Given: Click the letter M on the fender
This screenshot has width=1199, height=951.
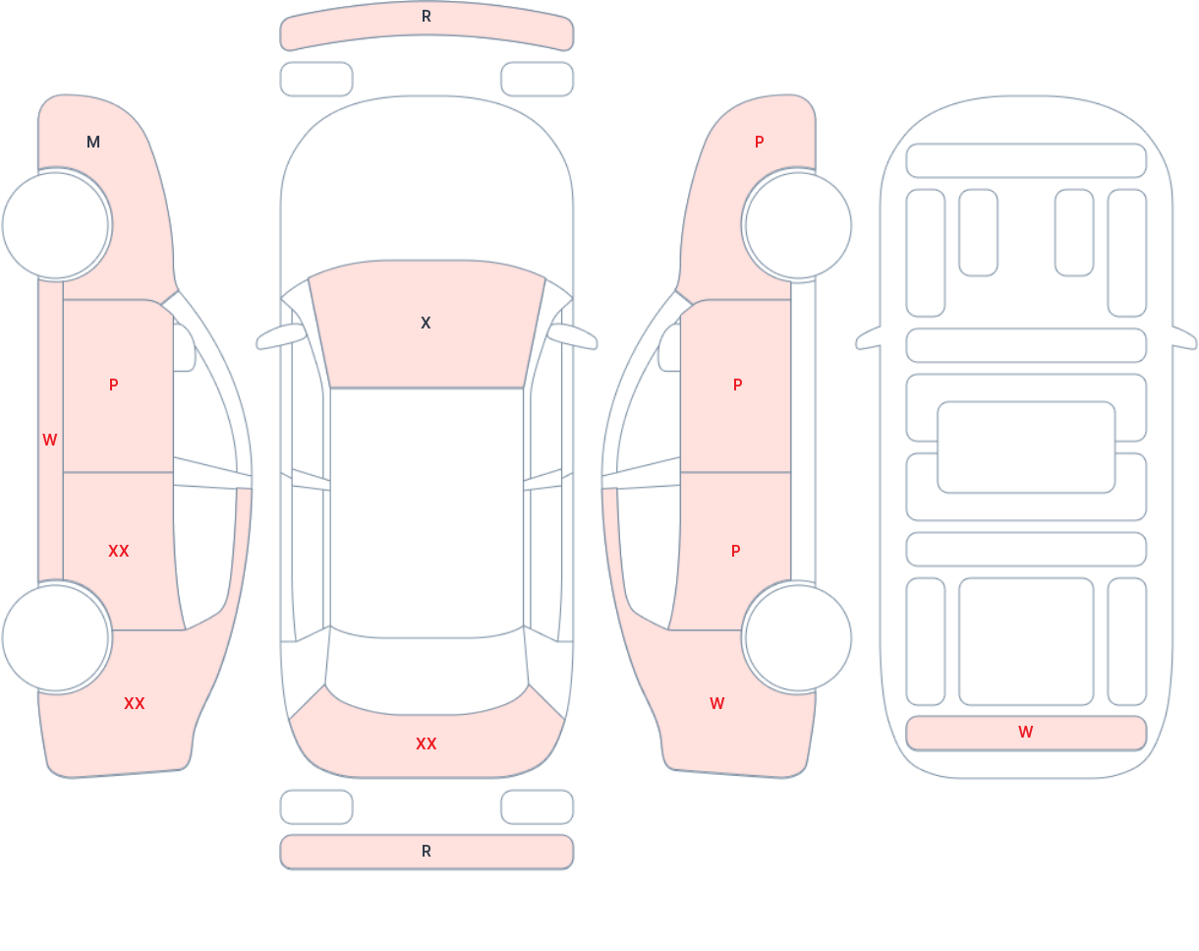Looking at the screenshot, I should coord(93,143).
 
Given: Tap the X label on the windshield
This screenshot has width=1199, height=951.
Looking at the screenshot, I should coord(426,324).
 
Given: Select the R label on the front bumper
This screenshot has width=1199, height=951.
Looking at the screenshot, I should coord(427,17).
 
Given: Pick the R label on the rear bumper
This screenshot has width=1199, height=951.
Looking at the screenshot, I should coord(427,852).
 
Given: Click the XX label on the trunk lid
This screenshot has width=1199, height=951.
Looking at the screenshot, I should coord(427,744).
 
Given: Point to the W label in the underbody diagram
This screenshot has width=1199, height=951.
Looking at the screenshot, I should coord(1026,733).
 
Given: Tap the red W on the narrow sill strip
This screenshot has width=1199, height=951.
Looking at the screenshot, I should coord(50,441).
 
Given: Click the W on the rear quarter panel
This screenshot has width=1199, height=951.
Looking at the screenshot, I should coord(717,704).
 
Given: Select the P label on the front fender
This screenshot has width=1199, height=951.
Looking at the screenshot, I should coord(759,143).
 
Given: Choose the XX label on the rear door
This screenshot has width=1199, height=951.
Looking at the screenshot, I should coord(119,552).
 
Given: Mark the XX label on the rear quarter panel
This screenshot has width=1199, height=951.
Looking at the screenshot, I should coord(135,704).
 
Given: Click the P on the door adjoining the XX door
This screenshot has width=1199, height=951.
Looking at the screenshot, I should coord(114,386).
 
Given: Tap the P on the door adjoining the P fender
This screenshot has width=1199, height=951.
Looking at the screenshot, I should coord(738,386).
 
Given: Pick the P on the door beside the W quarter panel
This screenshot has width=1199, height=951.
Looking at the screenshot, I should coord(736,552).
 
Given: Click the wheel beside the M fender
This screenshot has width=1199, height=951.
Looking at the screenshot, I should coord(56,225).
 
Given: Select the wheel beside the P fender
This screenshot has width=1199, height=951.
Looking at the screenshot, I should coord(797,225).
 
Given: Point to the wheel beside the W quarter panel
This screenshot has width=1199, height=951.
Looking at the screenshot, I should coord(797,638).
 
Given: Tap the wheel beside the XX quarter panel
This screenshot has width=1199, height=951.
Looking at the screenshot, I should coord(56,638).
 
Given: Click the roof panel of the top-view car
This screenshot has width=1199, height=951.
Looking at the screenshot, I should coord(427,506).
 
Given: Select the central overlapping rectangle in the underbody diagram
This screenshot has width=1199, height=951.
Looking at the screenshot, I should coord(1026,447).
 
